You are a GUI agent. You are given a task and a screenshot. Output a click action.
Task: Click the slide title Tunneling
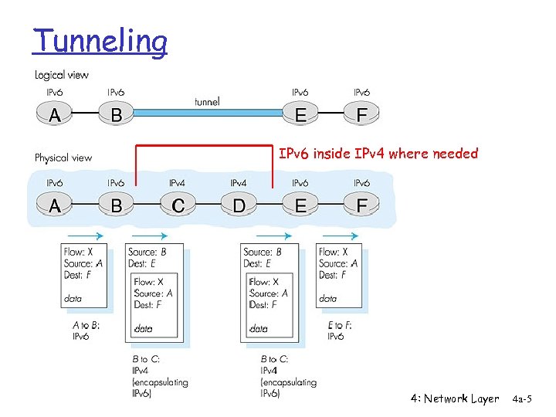(x=100, y=41)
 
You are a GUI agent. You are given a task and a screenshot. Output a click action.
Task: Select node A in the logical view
(x=55, y=115)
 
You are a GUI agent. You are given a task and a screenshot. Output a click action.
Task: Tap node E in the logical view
(x=300, y=115)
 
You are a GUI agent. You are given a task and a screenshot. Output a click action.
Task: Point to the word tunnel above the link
(x=207, y=100)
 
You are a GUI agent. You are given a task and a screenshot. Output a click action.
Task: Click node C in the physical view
(x=178, y=206)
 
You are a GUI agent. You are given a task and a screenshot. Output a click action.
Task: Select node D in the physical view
(x=239, y=206)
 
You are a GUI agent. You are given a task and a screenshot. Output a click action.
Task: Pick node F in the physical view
(x=361, y=206)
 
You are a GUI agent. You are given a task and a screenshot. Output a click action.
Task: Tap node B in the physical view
(x=116, y=206)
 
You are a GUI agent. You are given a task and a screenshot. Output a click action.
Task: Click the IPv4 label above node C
(x=178, y=183)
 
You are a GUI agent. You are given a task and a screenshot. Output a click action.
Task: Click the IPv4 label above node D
(x=239, y=183)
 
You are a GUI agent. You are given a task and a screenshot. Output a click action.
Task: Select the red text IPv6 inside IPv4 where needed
(x=378, y=154)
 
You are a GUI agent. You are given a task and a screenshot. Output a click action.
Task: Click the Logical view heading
(x=62, y=75)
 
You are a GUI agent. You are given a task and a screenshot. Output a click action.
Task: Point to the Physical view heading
(x=63, y=158)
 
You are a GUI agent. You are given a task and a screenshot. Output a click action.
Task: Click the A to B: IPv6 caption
(x=85, y=331)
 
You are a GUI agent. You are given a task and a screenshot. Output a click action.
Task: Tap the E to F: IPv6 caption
(x=340, y=331)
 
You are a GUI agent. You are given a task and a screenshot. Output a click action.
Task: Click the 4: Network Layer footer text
(x=455, y=398)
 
